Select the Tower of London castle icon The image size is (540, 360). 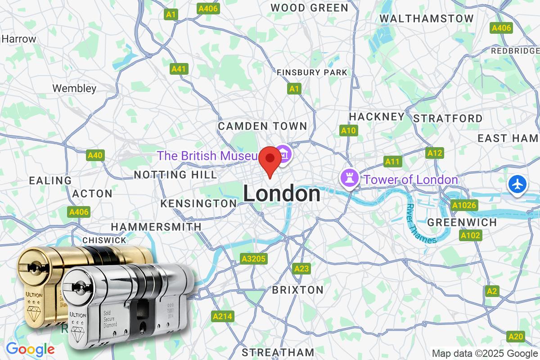click(x=349, y=179)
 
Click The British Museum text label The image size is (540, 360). click(x=207, y=156)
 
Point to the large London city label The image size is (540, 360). click(x=282, y=194)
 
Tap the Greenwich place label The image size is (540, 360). click(x=462, y=222)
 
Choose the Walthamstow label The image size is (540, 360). click(x=427, y=18)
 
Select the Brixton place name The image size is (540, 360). click(x=297, y=289)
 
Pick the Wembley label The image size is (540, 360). click(x=74, y=88)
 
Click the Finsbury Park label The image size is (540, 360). click(x=312, y=72)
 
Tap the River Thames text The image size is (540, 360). click(x=421, y=224)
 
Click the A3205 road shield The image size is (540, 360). click(x=254, y=259)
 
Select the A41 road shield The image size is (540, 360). click(x=179, y=69)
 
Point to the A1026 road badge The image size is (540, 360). click(x=463, y=206)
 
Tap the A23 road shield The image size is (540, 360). click(x=301, y=269)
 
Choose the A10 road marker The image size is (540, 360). click(x=348, y=130)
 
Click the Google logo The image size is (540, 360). click(x=30, y=349)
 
